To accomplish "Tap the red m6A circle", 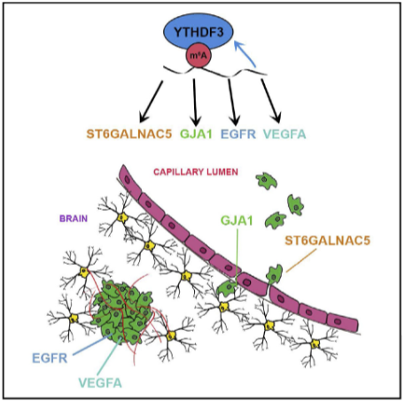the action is (199, 55).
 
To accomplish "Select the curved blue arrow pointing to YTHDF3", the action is (245, 53).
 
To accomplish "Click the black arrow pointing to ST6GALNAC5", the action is (151, 102).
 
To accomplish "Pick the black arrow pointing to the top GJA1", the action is (195, 102).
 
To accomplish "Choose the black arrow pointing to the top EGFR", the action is (234, 102).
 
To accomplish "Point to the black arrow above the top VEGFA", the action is (271, 101).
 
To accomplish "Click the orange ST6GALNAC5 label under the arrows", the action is (129, 135).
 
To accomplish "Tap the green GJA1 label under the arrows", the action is (196, 135).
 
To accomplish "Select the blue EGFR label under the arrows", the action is (238, 135).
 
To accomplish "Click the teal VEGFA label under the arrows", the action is (284, 135).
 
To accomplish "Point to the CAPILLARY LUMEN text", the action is (196, 172).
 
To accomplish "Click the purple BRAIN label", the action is (74, 219).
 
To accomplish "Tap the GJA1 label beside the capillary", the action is (237, 220).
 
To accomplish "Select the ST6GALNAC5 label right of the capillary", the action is (327, 241).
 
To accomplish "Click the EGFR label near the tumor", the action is (50, 359).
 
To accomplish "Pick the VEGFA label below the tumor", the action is (100, 382).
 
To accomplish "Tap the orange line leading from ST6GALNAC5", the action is (301, 260).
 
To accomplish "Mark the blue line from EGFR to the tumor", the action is (92, 344).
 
